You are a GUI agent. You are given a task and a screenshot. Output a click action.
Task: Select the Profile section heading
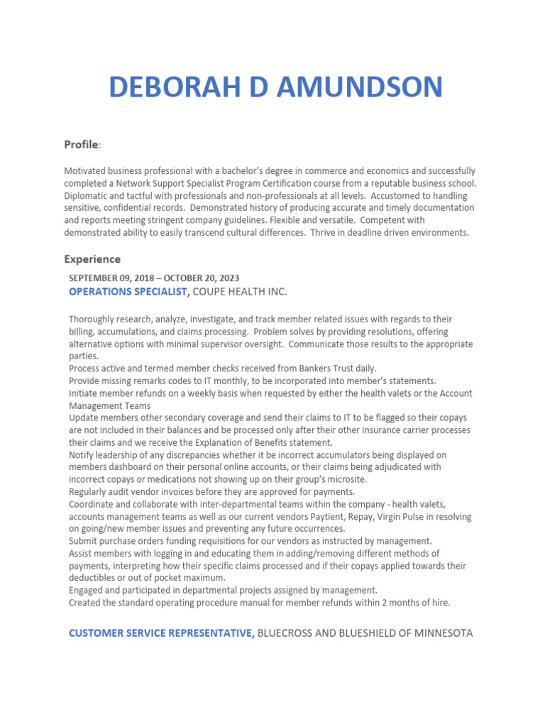coord(82,145)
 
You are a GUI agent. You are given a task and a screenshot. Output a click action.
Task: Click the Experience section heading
coord(92,259)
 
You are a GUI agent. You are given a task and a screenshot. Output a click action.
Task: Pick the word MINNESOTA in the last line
coord(439,633)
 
